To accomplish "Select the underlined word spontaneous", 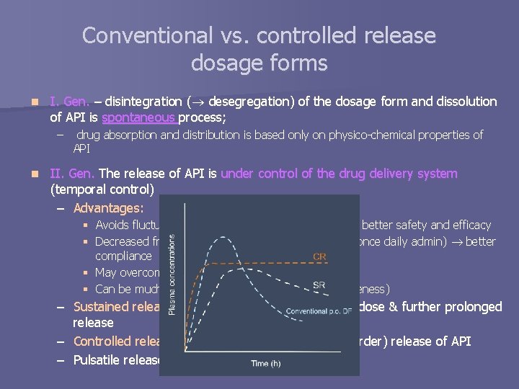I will [x=139, y=117].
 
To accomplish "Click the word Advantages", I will [x=108, y=207].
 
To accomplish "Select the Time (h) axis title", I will [x=270, y=364].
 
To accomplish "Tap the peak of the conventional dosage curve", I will [x=219, y=239].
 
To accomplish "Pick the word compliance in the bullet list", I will [x=123, y=256].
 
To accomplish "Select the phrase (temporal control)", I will [x=102, y=190].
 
